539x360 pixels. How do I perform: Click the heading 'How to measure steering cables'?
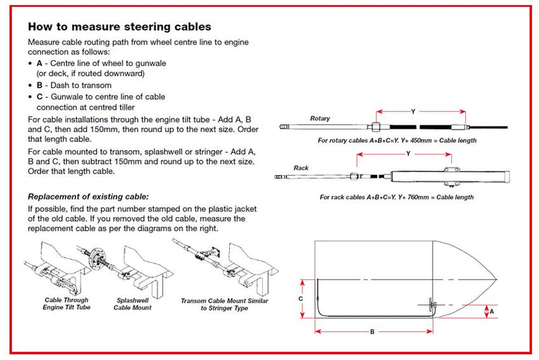point(119,27)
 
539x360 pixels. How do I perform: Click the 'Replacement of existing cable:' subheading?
point(88,197)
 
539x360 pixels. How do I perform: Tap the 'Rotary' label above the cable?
point(319,119)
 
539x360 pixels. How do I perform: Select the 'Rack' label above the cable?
point(300,167)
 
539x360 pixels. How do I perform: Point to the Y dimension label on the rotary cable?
point(412,111)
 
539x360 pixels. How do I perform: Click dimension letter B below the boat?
point(372,332)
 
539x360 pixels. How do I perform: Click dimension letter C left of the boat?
point(301,297)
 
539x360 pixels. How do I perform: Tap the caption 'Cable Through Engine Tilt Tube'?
point(67,304)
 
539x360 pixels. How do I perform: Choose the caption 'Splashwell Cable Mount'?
point(133,304)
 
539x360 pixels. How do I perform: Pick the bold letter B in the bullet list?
point(40,86)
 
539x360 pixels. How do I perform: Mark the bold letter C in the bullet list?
point(40,97)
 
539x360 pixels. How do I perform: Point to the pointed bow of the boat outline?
point(495,279)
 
